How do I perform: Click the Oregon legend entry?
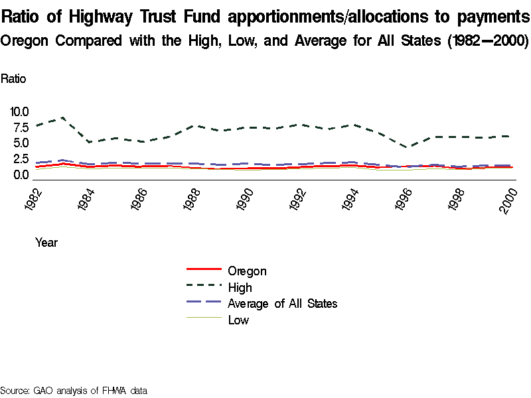pos(247,271)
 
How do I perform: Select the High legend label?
pos(240,287)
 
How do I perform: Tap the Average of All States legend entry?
pos(282,304)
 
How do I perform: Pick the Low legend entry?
pos(238,320)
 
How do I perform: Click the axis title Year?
pos(46,243)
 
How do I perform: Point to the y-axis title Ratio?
pos(13,79)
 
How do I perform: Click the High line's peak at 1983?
pos(62,117)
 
